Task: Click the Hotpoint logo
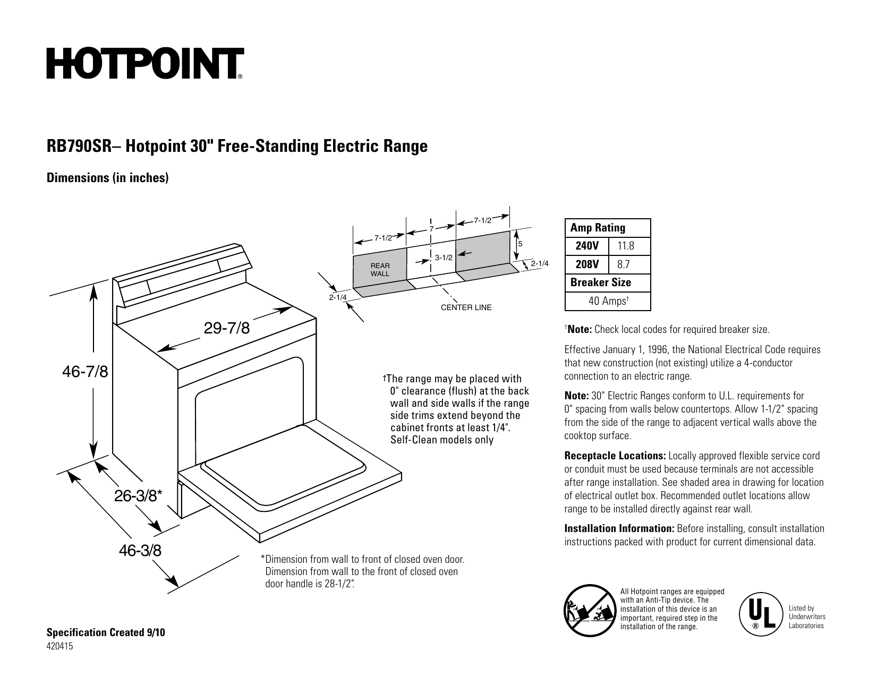[x=145, y=64]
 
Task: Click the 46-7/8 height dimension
[x=86, y=372]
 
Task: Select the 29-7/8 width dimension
[x=227, y=328]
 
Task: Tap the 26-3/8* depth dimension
[x=139, y=496]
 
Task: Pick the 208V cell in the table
[x=587, y=264]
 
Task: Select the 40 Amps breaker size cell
[x=609, y=301]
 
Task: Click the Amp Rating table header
[x=598, y=228]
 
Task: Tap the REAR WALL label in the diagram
[x=380, y=270]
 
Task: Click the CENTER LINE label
[x=466, y=307]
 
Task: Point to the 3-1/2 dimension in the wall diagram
[x=444, y=258]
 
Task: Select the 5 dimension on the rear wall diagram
[x=521, y=244]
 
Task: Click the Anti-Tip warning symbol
[x=587, y=609]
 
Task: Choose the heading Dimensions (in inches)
[x=108, y=178]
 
